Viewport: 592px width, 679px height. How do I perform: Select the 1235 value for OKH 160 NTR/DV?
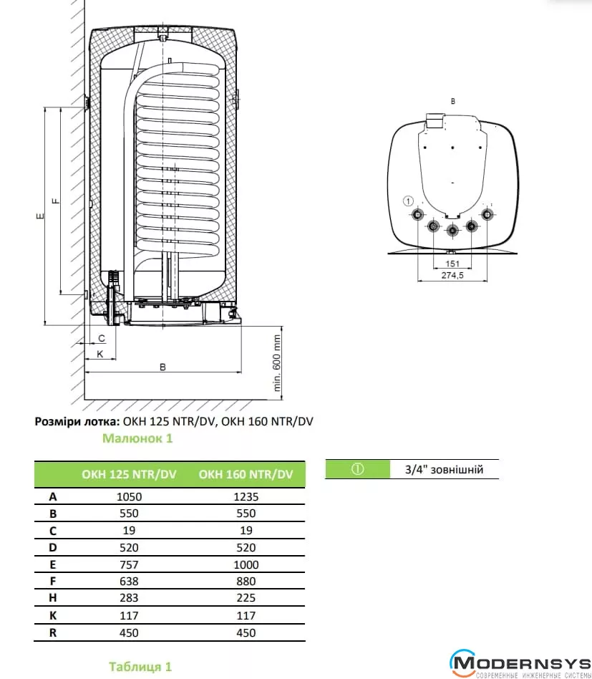tap(246, 496)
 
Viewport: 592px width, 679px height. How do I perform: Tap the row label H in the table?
tap(53, 598)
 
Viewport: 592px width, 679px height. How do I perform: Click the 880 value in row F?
tap(246, 582)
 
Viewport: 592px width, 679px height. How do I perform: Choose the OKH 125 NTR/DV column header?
tap(130, 474)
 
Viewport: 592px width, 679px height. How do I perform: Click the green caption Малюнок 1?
tap(137, 438)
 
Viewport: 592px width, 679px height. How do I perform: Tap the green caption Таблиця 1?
tap(140, 667)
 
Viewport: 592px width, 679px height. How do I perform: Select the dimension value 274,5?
tap(452, 276)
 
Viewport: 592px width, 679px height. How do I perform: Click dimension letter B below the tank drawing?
tap(162, 367)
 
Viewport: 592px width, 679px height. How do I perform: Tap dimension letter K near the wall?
tap(100, 354)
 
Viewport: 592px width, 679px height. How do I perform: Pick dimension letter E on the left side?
tap(41, 215)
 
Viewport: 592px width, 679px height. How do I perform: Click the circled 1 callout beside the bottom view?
tap(409, 201)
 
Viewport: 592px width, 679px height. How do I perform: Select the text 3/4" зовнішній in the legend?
tap(444, 470)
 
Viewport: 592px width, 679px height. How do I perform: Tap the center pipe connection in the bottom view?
tap(452, 231)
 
